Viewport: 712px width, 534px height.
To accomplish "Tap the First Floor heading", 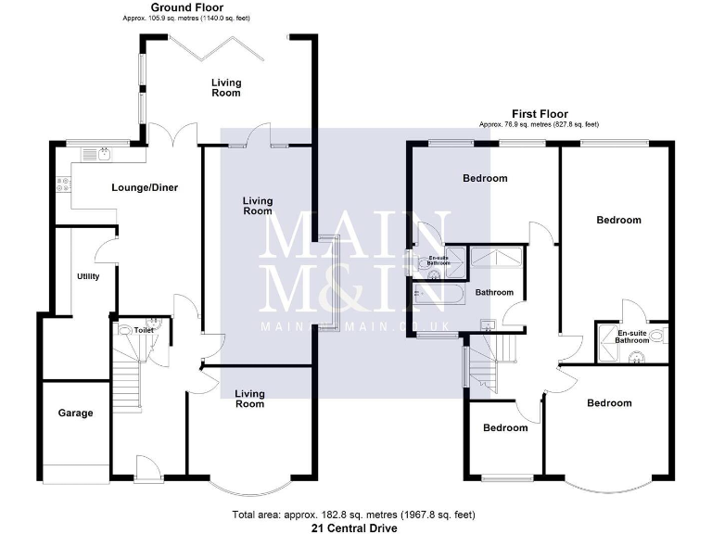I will [539, 114].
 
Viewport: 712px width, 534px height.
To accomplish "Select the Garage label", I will [75, 413].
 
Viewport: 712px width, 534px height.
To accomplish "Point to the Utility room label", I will [88, 276].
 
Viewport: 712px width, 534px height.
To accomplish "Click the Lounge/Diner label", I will [145, 187].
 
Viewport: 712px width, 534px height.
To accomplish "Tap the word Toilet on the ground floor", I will [143, 329].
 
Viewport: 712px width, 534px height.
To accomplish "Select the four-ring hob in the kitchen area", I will [63, 184].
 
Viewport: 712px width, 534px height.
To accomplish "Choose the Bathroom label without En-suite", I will [494, 293].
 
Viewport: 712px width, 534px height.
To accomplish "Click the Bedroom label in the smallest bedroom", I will [505, 427].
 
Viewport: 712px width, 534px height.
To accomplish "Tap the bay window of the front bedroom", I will [607, 483].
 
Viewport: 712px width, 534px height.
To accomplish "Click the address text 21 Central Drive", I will [355, 528].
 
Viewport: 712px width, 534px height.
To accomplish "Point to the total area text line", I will [355, 514].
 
